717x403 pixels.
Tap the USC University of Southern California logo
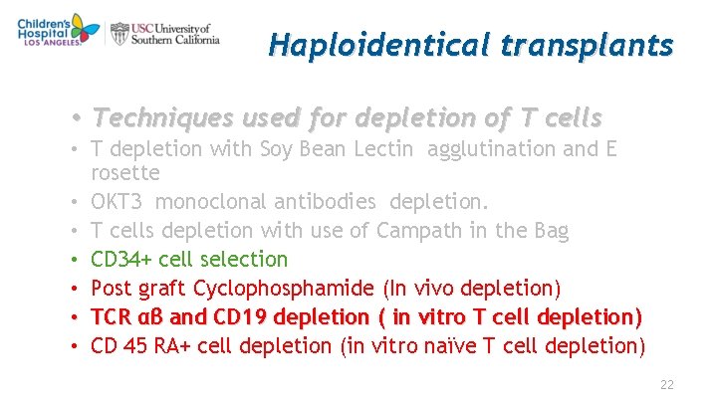(164, 34)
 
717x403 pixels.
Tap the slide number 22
(667, 385)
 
